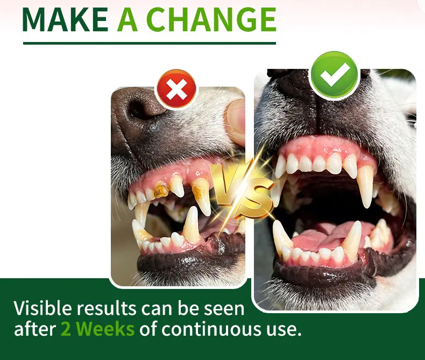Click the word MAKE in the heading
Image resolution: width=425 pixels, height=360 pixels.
click(65, 19)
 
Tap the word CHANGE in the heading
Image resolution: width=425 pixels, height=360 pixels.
click(213, 19)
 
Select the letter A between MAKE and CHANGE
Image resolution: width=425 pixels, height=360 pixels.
click(127, 19)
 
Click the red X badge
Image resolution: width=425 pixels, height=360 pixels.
click(176, 88)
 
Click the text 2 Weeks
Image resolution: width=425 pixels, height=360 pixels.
click(97, 329)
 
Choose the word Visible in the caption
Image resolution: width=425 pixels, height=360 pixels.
click(43, 308)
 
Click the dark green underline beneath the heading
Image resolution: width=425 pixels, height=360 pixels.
click(150, 43)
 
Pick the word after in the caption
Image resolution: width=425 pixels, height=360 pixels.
click(34, 329)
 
